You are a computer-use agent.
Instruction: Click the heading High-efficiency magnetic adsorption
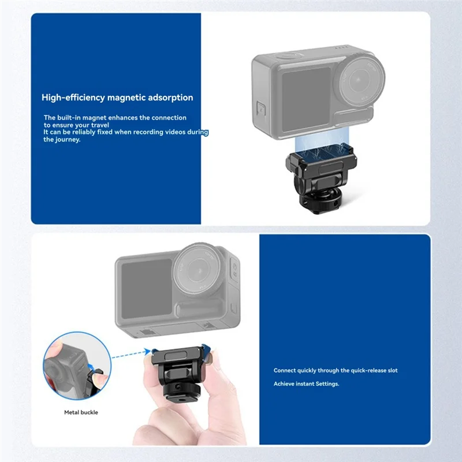[117, 98]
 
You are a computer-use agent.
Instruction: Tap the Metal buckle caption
[81, 412]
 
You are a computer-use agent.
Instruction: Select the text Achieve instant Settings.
[306, 384]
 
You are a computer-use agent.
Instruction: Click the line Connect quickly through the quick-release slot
[336, 370]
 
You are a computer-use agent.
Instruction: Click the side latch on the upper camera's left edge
[260, 110]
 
